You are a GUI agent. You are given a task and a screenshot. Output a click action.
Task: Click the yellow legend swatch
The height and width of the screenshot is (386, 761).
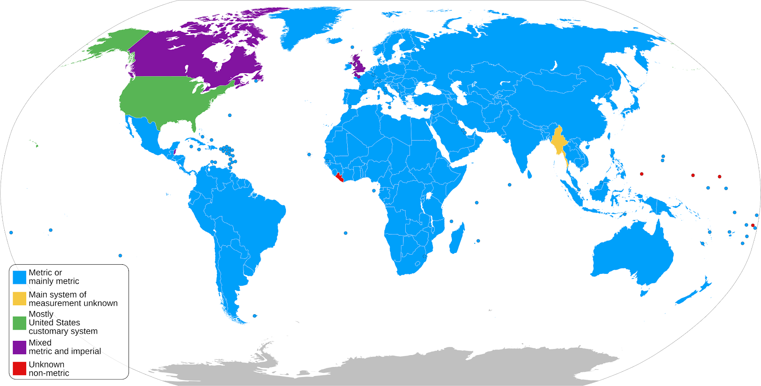(20, 299)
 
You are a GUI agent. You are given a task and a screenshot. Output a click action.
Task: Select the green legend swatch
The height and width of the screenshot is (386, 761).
(20, 323)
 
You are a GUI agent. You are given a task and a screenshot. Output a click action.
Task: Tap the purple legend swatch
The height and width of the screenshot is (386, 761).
(20, 347)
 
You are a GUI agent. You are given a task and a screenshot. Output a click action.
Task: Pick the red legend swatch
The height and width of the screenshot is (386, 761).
(20, 369)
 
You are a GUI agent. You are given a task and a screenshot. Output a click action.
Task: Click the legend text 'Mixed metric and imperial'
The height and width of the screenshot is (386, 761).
(65, 347)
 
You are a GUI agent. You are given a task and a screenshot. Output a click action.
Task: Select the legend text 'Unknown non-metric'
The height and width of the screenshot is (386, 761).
(49, 369)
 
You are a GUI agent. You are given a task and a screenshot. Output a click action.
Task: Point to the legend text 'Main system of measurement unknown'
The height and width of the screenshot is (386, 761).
(73, 299)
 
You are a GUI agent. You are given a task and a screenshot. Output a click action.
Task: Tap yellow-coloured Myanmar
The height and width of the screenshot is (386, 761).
(558, 142)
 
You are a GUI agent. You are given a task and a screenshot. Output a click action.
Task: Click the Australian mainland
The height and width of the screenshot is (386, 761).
(633, 257)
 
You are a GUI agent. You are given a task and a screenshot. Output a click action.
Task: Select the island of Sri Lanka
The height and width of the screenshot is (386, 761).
(528, 174)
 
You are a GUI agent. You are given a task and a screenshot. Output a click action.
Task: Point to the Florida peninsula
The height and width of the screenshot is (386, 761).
(194, 125)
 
